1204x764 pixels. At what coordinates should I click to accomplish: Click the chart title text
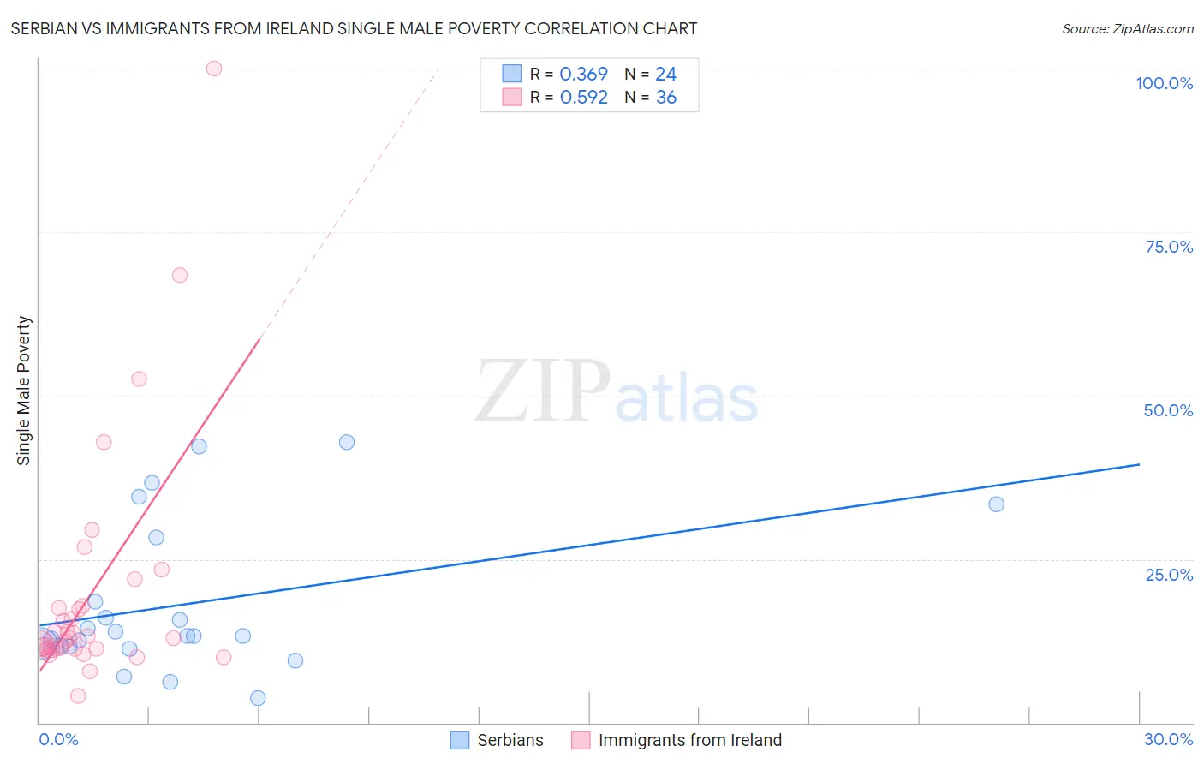coord(354,28)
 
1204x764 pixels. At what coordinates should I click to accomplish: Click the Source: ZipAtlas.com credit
coord(1127,28)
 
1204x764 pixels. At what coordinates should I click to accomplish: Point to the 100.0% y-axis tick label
coord(1164,83)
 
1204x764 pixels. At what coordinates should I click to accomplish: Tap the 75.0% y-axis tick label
coord(1169,247)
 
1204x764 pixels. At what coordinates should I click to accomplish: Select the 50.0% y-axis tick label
coord(1168,410)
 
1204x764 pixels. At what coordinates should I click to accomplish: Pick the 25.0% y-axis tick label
coord(1169,575)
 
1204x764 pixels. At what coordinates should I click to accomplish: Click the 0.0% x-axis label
coord(58,739)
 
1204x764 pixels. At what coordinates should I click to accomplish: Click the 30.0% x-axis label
coord(1168,739)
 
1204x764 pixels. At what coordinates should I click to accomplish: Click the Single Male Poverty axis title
coord(24,391)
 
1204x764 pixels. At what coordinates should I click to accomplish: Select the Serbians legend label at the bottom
coord(510,740)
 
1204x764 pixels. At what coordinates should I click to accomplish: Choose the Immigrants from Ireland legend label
coord(689,740)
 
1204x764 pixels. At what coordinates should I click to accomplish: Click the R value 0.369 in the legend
coord(583,75)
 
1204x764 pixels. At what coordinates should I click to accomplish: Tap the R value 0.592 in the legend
coord(583,98)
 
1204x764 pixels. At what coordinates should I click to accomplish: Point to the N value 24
coord(665,75)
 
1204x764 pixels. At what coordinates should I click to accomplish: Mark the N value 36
coord(665,98)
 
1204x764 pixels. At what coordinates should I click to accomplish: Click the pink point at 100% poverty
coord(214,69)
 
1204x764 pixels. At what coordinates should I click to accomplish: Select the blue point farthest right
coord(996,504)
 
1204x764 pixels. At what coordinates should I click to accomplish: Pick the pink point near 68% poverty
coord(180,275)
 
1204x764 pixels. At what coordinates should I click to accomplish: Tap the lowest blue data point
coord(258,698)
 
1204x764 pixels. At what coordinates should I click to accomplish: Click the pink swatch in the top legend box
coord(511,97)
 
